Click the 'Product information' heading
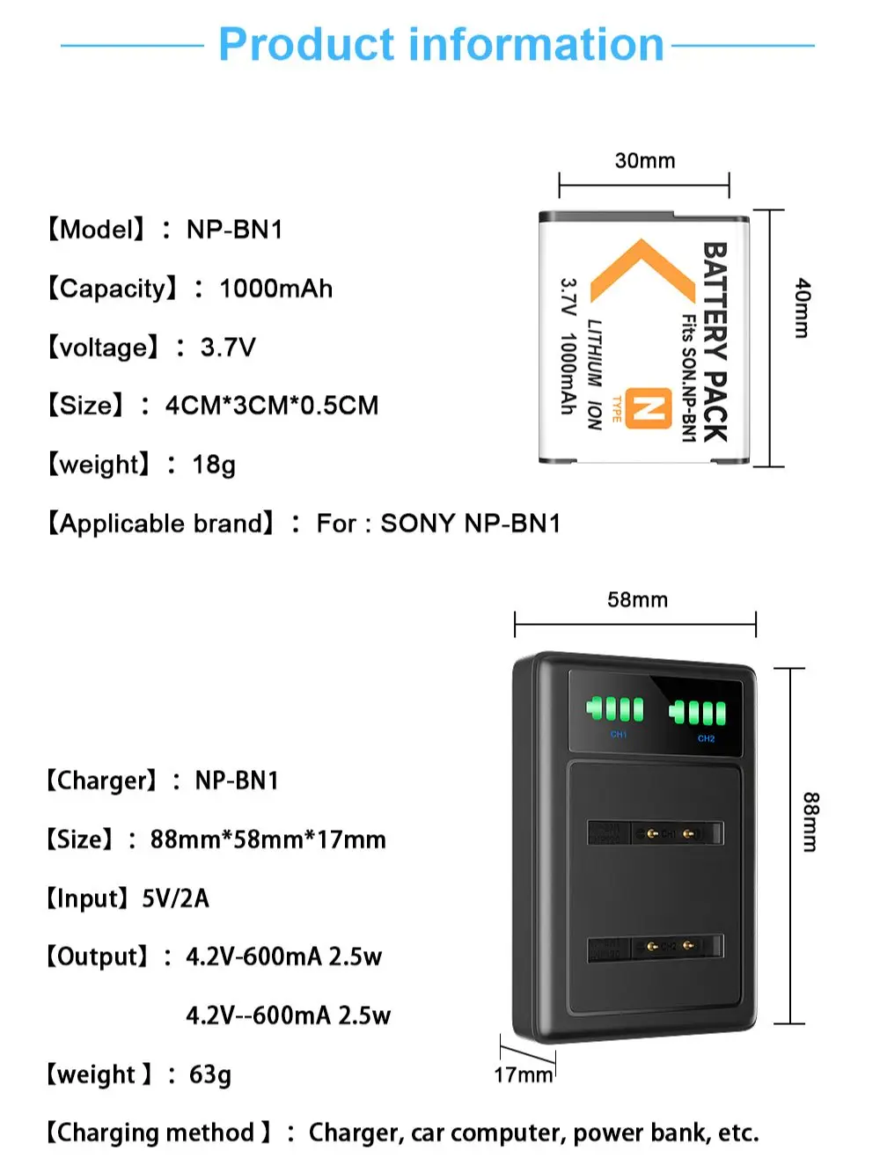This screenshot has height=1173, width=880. pyautogui.click(x=440, y=44)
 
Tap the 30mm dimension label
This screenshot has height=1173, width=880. pyautogui.click(x=645, y=160)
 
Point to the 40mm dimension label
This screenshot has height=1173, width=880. pyautogui.click(x=802, y=308)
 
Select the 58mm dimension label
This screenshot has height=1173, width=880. pyautogui.click(x=637, y=599)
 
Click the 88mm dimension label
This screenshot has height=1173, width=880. pyautogui.click(x=810, y=822)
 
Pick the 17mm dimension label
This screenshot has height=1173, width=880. pyautogui.click(x=523, y=1074)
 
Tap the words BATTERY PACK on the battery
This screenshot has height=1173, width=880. pyautogui.click(x=715, y=341)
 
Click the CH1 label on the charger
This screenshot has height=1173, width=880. pyautogui.click(x=619, y=735)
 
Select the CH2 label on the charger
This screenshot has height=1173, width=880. pyautogui.click(x=706, y=739)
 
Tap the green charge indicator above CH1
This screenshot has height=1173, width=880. pyautogui.click(x=616, y=709)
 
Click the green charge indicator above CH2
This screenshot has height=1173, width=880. pyautogui.click(x=698, y=712)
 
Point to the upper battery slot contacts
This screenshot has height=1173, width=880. pyautogui.click(x=669, y=832)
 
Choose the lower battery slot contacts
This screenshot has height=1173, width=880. pyautogui.click(x=669, y=947)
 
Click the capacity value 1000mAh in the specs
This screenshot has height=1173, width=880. pyautogui.click(x=275, y=289)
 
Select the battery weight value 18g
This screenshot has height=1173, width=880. pyautogui.click(x=214, y=465)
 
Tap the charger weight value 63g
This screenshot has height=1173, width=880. pyautogui.click(x=210, y=1074)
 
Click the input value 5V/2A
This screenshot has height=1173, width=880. pyautogui.click(x=175, y=898)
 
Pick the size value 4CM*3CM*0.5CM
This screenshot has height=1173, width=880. pyautogui.click(x=272, y=406)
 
